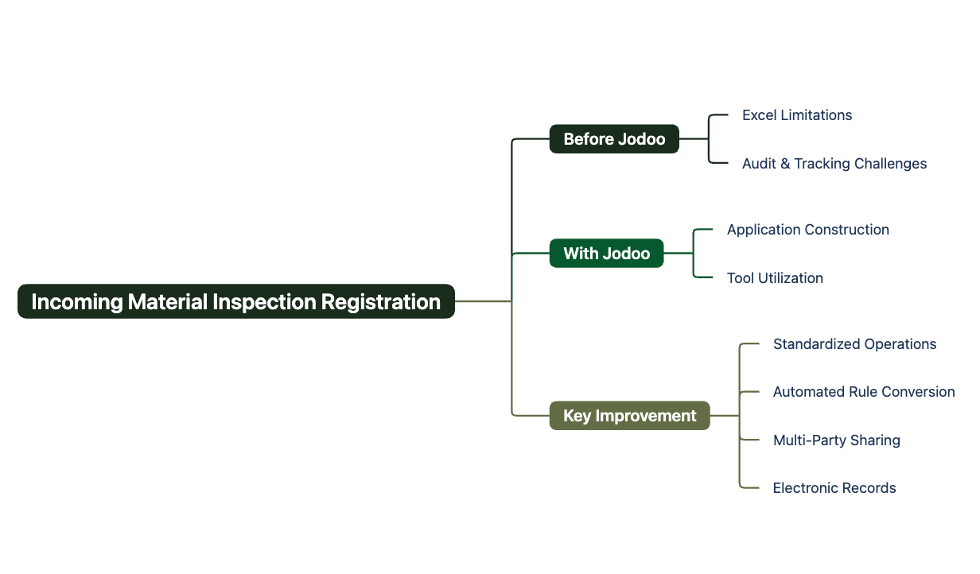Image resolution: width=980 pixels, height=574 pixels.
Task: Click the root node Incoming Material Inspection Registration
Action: (236, 301)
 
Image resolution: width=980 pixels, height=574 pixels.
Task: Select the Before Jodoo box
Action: (614, 139)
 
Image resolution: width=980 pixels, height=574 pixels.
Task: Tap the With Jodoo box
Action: (606, 253)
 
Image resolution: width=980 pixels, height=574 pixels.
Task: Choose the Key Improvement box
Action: (629, 415)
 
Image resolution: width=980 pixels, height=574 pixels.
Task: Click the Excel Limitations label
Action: (797, 115)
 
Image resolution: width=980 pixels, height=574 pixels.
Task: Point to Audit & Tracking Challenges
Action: (834, 164)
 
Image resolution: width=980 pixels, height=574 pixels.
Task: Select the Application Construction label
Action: (808, 230)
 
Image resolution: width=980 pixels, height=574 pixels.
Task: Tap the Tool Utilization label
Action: (775, 278)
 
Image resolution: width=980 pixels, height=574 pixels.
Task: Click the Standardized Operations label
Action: (854, 344)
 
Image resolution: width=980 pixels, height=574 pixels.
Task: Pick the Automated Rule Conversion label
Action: (864, 392)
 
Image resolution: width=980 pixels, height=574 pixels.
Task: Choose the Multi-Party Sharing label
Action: (837, 440)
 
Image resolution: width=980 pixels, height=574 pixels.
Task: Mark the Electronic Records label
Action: (834, 488)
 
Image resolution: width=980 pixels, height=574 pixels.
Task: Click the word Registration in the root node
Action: (380, 302)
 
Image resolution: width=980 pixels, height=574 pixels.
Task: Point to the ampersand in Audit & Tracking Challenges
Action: (785, 164)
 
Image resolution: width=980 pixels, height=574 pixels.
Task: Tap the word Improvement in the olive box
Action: (646, 416)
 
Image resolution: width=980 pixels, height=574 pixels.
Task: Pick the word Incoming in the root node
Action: (77, 302)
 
